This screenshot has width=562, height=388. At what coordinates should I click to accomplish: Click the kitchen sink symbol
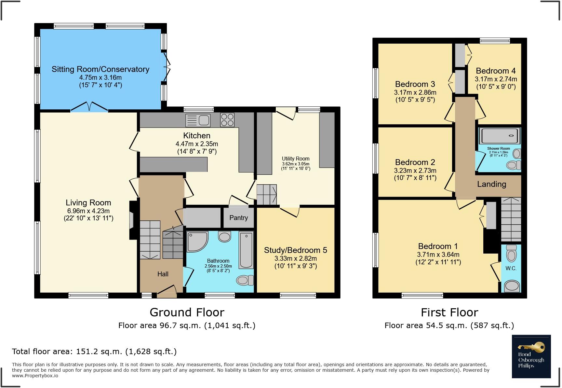(198, 120)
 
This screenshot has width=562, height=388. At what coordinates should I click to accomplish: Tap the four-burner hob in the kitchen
(227, 119)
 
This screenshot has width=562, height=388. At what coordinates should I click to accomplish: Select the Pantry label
(238, 218)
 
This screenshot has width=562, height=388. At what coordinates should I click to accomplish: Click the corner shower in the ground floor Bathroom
(196, 241)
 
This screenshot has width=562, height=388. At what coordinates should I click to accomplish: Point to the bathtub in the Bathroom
(246, 250)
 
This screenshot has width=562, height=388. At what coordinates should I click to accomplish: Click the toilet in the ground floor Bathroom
(245, 280)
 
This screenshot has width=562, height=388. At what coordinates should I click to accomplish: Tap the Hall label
(163, 274)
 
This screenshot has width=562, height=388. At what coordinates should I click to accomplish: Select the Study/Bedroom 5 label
(295, 250)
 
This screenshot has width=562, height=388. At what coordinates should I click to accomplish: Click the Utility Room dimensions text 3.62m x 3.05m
(295, 164)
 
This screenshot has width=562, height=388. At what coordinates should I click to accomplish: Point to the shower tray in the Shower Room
(499, 136)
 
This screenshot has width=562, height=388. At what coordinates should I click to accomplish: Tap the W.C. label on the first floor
(511, 268)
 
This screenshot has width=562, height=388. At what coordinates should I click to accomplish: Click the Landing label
(491, 184)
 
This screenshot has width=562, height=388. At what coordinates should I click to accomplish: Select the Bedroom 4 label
(496, 71)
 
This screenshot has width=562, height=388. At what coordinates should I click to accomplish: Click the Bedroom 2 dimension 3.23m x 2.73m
(415, 171)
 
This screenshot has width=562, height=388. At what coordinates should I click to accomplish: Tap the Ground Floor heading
(187, 312)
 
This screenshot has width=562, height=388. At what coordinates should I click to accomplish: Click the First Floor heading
(449, 312)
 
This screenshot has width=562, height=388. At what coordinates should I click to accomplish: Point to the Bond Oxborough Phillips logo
(531, 356)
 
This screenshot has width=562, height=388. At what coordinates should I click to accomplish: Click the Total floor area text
(94, 352)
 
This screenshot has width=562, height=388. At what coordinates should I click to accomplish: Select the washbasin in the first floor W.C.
(512, 286)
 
